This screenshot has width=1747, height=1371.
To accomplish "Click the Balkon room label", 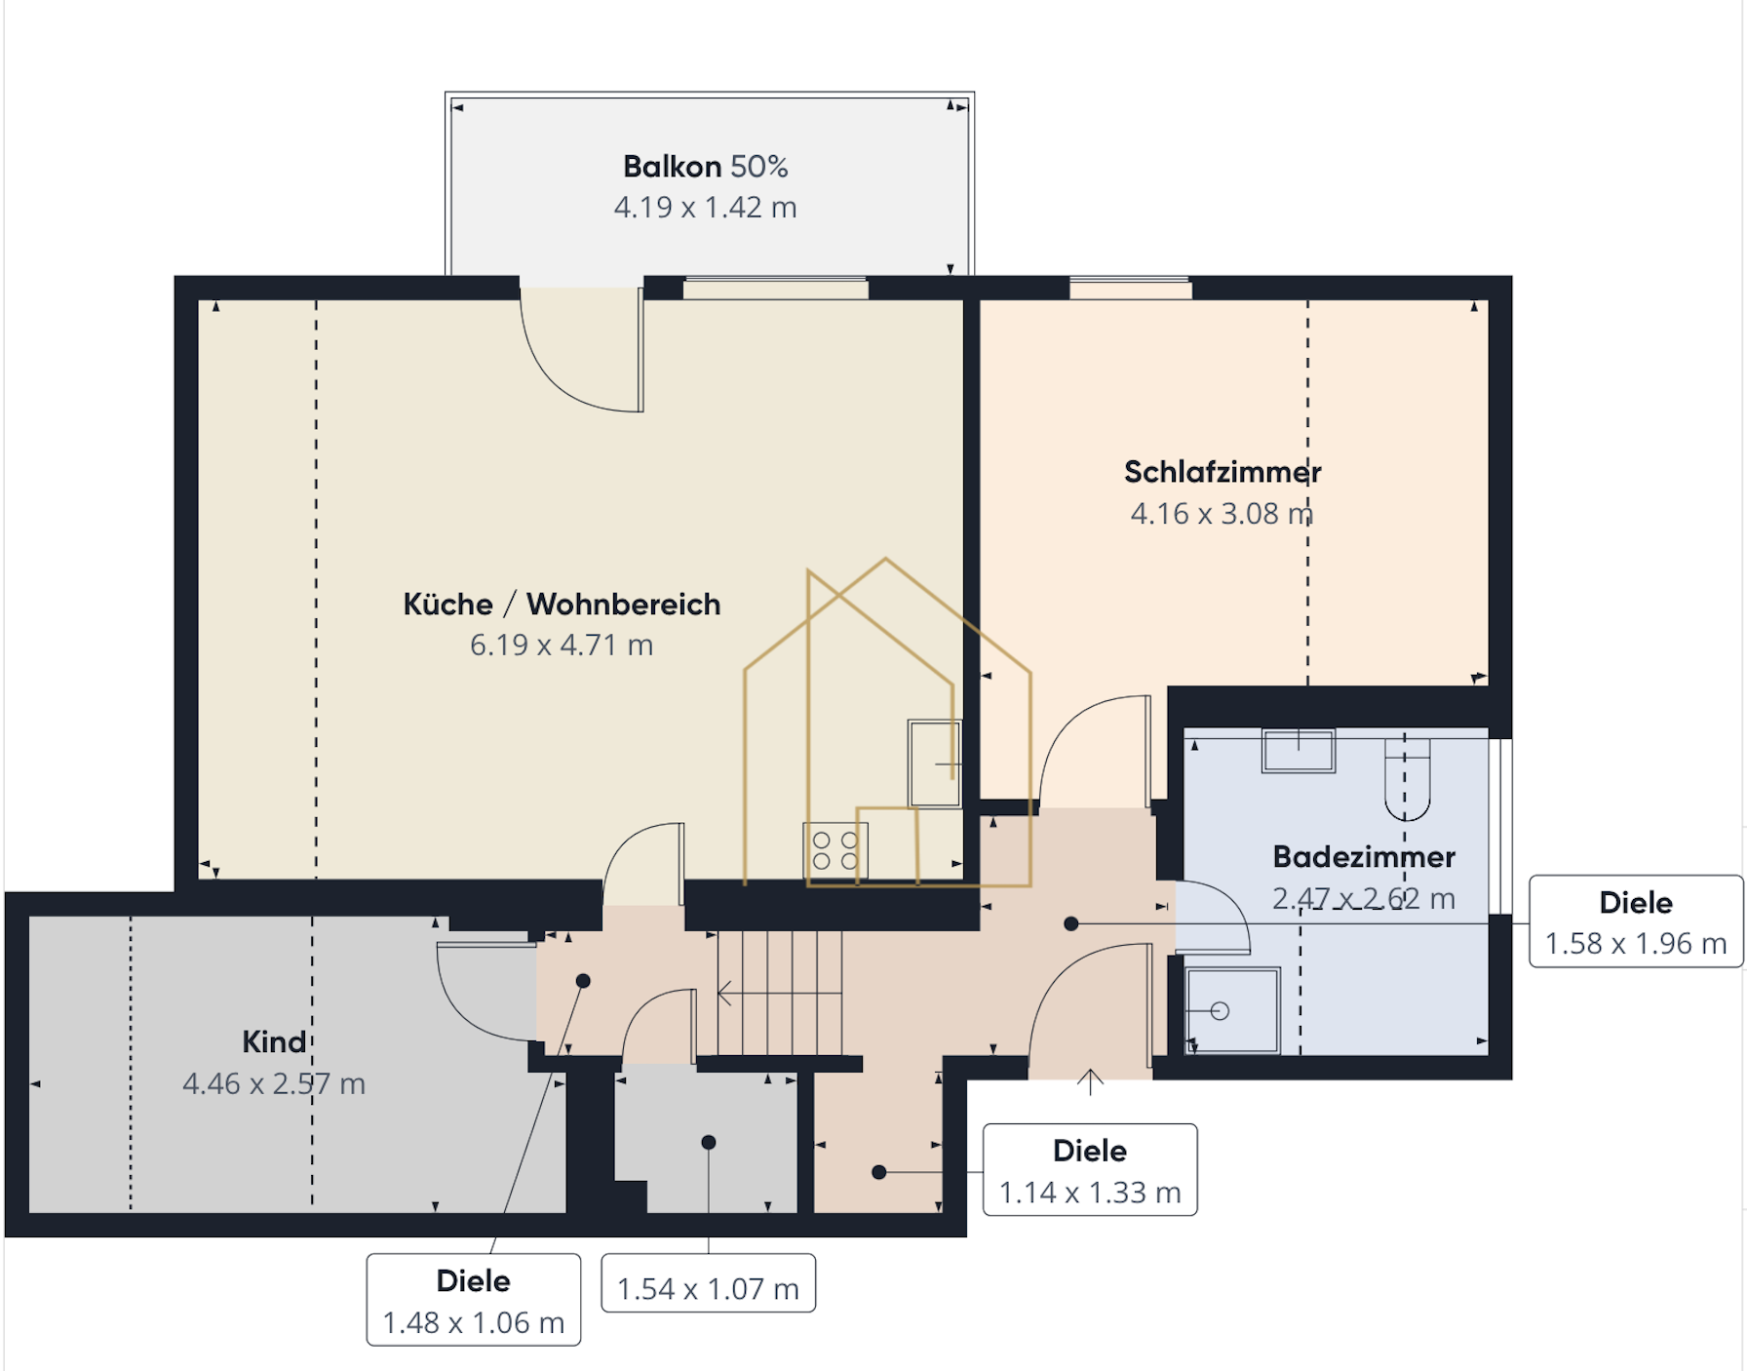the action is coord(705,167).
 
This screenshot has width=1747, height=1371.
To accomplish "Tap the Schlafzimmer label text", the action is coord(1223,472).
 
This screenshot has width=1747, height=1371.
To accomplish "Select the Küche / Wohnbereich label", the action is coord(562,605).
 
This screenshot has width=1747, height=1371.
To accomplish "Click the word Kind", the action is coord(274,1041).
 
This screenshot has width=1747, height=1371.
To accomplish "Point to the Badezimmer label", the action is coord(1364,857).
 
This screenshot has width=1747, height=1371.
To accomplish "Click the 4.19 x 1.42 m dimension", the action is coord(705,208).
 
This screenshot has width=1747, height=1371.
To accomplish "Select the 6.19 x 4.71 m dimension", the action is coord(562,646).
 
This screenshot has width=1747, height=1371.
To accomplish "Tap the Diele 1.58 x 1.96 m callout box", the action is coord(1636,921).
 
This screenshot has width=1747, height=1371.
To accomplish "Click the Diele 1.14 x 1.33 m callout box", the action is coord(1090,1170).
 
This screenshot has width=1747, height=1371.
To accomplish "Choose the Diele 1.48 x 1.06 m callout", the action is coord(474,1300).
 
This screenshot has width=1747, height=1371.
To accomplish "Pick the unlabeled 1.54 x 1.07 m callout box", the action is coord(709,1283).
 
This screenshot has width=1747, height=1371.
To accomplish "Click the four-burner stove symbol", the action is coord(835,851).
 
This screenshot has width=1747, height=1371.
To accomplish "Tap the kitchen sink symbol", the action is coord(935,764).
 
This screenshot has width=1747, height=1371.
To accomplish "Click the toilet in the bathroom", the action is coord(1408,778).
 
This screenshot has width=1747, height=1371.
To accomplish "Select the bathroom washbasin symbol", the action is coord(1299,751).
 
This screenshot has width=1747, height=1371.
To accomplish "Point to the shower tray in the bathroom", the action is coord(1233,1010).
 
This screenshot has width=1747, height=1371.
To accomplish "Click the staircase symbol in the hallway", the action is coord(780,993).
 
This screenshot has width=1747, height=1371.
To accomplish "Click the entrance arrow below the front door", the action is coord(1090,1081).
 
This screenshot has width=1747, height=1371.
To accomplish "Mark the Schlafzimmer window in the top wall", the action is coord(1131,289).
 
